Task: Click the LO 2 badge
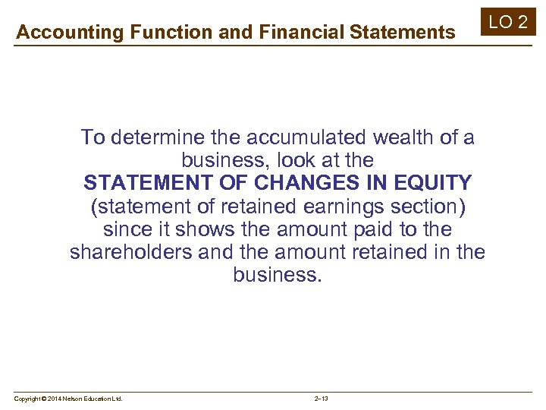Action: click(x=508, y=21)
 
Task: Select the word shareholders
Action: click(x=130, y=251)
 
